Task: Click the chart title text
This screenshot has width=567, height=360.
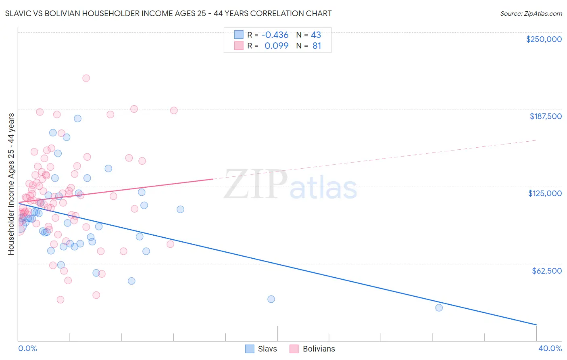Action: click(169, 13)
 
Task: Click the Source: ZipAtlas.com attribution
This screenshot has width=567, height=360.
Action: click(531, 13)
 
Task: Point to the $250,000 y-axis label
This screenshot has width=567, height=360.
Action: click(544, 39)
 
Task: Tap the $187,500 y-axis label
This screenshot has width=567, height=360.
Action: click(545, 116)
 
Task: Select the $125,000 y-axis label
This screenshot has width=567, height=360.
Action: click(545, 193)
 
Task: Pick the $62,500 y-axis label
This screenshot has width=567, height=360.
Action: click(546, 271)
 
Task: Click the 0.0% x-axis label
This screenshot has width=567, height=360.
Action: click(27, 348)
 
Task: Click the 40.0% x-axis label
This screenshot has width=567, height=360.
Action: click(550, 348)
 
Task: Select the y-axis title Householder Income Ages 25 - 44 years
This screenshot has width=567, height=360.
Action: click(11, 184)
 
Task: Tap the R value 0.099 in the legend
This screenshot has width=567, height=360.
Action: click(276, 46)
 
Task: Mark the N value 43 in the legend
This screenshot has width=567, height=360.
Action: click(316, 35)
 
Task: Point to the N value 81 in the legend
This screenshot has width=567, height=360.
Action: click(317, 46)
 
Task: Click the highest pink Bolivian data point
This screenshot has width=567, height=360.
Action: click(86, 78)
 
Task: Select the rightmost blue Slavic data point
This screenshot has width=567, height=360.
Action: click(439, 308)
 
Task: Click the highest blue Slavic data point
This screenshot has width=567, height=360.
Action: click(77, 119)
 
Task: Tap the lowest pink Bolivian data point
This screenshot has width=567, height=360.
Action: click(60, 299)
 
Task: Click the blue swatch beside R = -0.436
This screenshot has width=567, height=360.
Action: click(239, 35)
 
